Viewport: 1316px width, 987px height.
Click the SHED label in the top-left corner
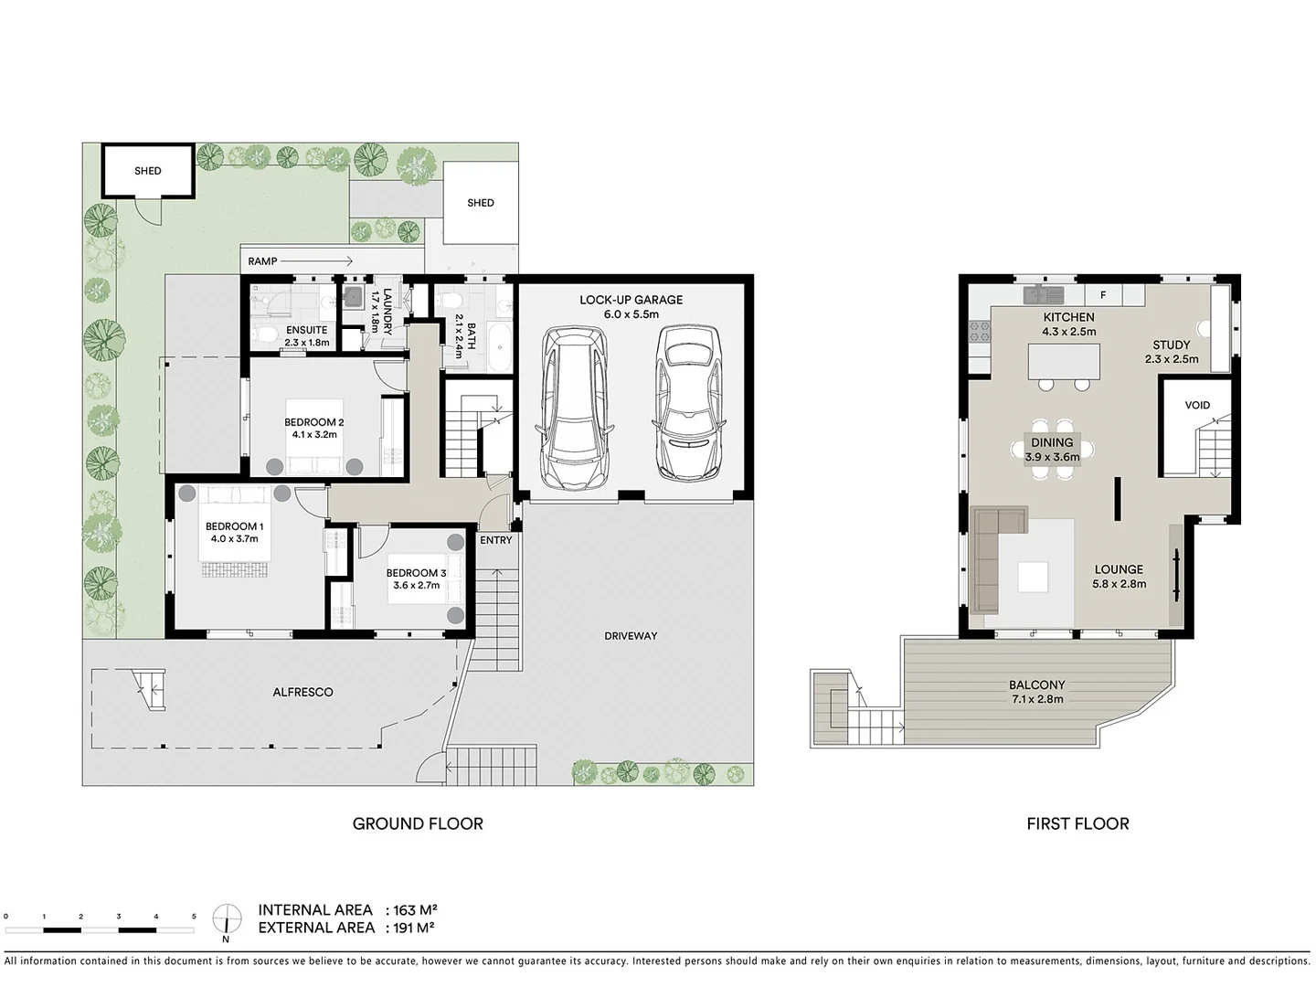point(147,171)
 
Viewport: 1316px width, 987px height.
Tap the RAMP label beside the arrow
point(262,261)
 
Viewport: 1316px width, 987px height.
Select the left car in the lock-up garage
point(573,408)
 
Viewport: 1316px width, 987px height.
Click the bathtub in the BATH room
point(500,347)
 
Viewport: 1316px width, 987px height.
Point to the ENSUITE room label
point(306,330)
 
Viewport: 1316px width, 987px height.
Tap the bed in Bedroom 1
point(234,534)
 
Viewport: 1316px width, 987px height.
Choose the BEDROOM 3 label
point(416,573)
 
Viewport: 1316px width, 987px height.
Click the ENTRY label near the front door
point(496,540)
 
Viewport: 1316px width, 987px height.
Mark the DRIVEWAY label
point(631,636)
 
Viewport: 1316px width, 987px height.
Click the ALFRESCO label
point(302,693)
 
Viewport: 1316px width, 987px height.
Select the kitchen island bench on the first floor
point(1064,362)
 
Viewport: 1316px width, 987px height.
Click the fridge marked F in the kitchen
point(1103,295)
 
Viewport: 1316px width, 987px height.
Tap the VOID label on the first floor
point(1197,405)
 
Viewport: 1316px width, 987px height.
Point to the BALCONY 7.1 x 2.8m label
point(1037,692)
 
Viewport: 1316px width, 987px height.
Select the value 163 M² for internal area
point(414,910)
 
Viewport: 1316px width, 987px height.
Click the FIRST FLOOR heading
point(1077,823)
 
